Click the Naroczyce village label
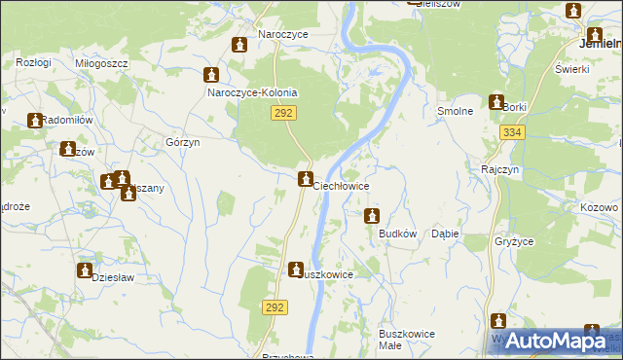click(283, 34)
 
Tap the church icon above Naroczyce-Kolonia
click(211, 76)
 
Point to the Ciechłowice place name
click(341, 185)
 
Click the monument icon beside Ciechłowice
click(305, 180)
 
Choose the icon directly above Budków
click(371, 215)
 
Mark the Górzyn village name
click(183, 142)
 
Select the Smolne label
click(455, 111)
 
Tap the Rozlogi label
click(33, 62)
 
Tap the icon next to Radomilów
click(36, 122)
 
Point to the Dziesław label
click(112, 277)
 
